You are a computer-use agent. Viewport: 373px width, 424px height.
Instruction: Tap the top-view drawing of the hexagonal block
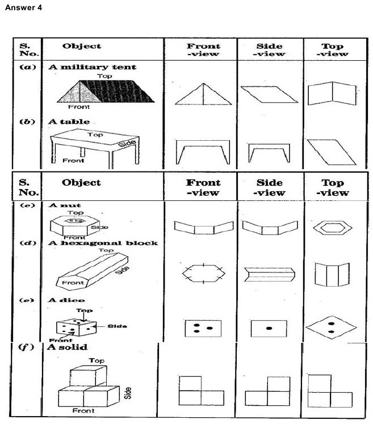(x=333, y=275)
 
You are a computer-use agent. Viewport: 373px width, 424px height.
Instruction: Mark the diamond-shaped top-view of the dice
(x=332, y=328)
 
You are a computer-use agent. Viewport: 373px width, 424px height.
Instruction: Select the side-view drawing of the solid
(x=269, y=391)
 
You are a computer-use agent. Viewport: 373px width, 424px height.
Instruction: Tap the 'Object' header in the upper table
(x=82, y=46)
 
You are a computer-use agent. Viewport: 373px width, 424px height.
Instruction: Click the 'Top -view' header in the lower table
(x=333, y=187)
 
